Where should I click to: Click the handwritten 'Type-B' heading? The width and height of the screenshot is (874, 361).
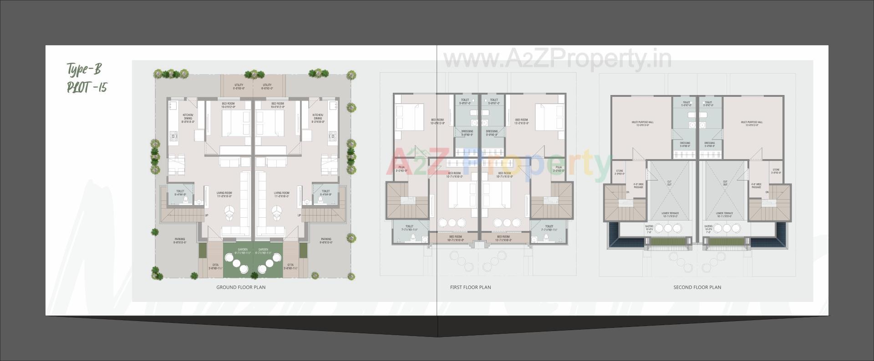click(x=84, y=70)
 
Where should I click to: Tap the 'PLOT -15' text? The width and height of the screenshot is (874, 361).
click(x=86, y=87)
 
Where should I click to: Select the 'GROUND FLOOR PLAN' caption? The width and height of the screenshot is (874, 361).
click(x=241, y=287)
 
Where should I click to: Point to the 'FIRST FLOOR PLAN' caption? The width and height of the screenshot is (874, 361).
click(x=470, y=287)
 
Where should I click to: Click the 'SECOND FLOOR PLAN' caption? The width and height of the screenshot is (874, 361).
click(x=697, y=287)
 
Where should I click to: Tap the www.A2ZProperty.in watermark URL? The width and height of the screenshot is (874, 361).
click(x=557, y=59)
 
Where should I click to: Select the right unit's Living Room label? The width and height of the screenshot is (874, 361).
click(x=281, y=194)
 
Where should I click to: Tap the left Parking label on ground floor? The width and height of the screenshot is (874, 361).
click(x=180, y=241)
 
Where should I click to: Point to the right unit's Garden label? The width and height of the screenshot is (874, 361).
click(x=264, y=251)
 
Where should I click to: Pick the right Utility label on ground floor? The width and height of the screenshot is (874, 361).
click(x=267, y=86)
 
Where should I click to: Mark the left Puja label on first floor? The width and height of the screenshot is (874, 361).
click(x=401, y=169)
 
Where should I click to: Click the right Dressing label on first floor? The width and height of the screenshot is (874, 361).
click(x=492, y=133)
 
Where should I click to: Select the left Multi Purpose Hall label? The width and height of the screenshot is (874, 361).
click(x=642, y=123)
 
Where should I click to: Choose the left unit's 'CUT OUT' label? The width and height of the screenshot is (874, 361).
click(x=669, y=183)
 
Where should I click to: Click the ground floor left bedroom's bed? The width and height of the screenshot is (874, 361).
click(x=236, y=123)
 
